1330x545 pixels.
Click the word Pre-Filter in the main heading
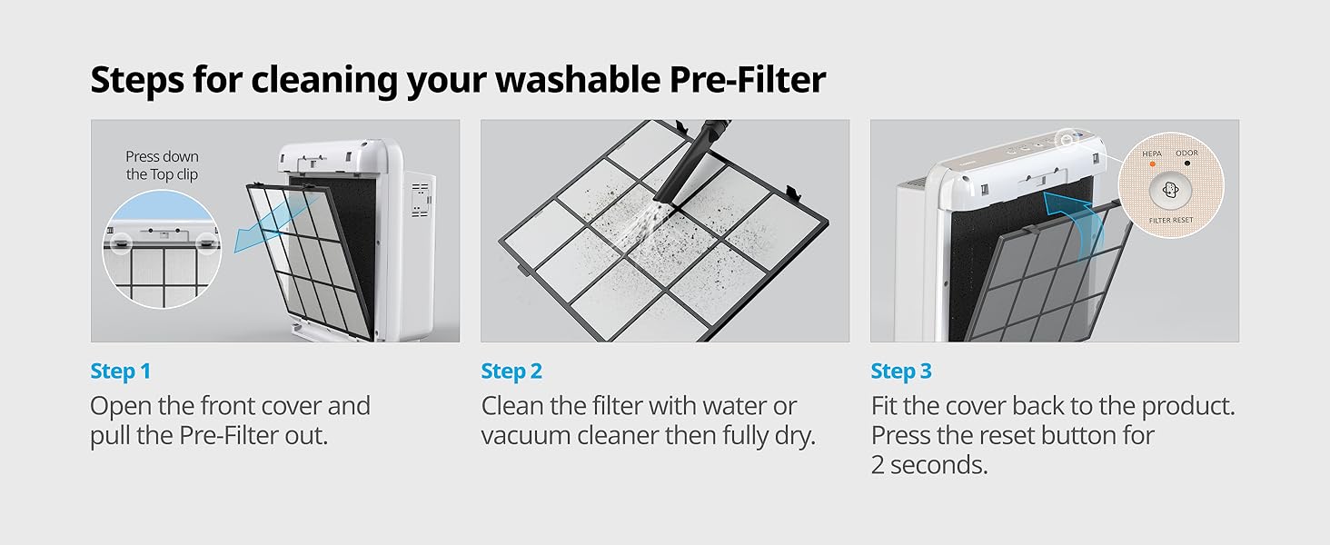748,80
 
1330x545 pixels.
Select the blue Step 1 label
121,372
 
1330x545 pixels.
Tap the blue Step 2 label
511,372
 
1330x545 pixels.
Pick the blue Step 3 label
901,372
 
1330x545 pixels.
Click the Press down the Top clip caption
162,165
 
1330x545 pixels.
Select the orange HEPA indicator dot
1153,163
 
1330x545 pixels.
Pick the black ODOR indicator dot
1186,163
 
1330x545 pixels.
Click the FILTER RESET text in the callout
1171,220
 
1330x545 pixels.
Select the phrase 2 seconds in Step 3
929,465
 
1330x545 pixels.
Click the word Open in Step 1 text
121,407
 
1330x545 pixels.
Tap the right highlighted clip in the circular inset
206,243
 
